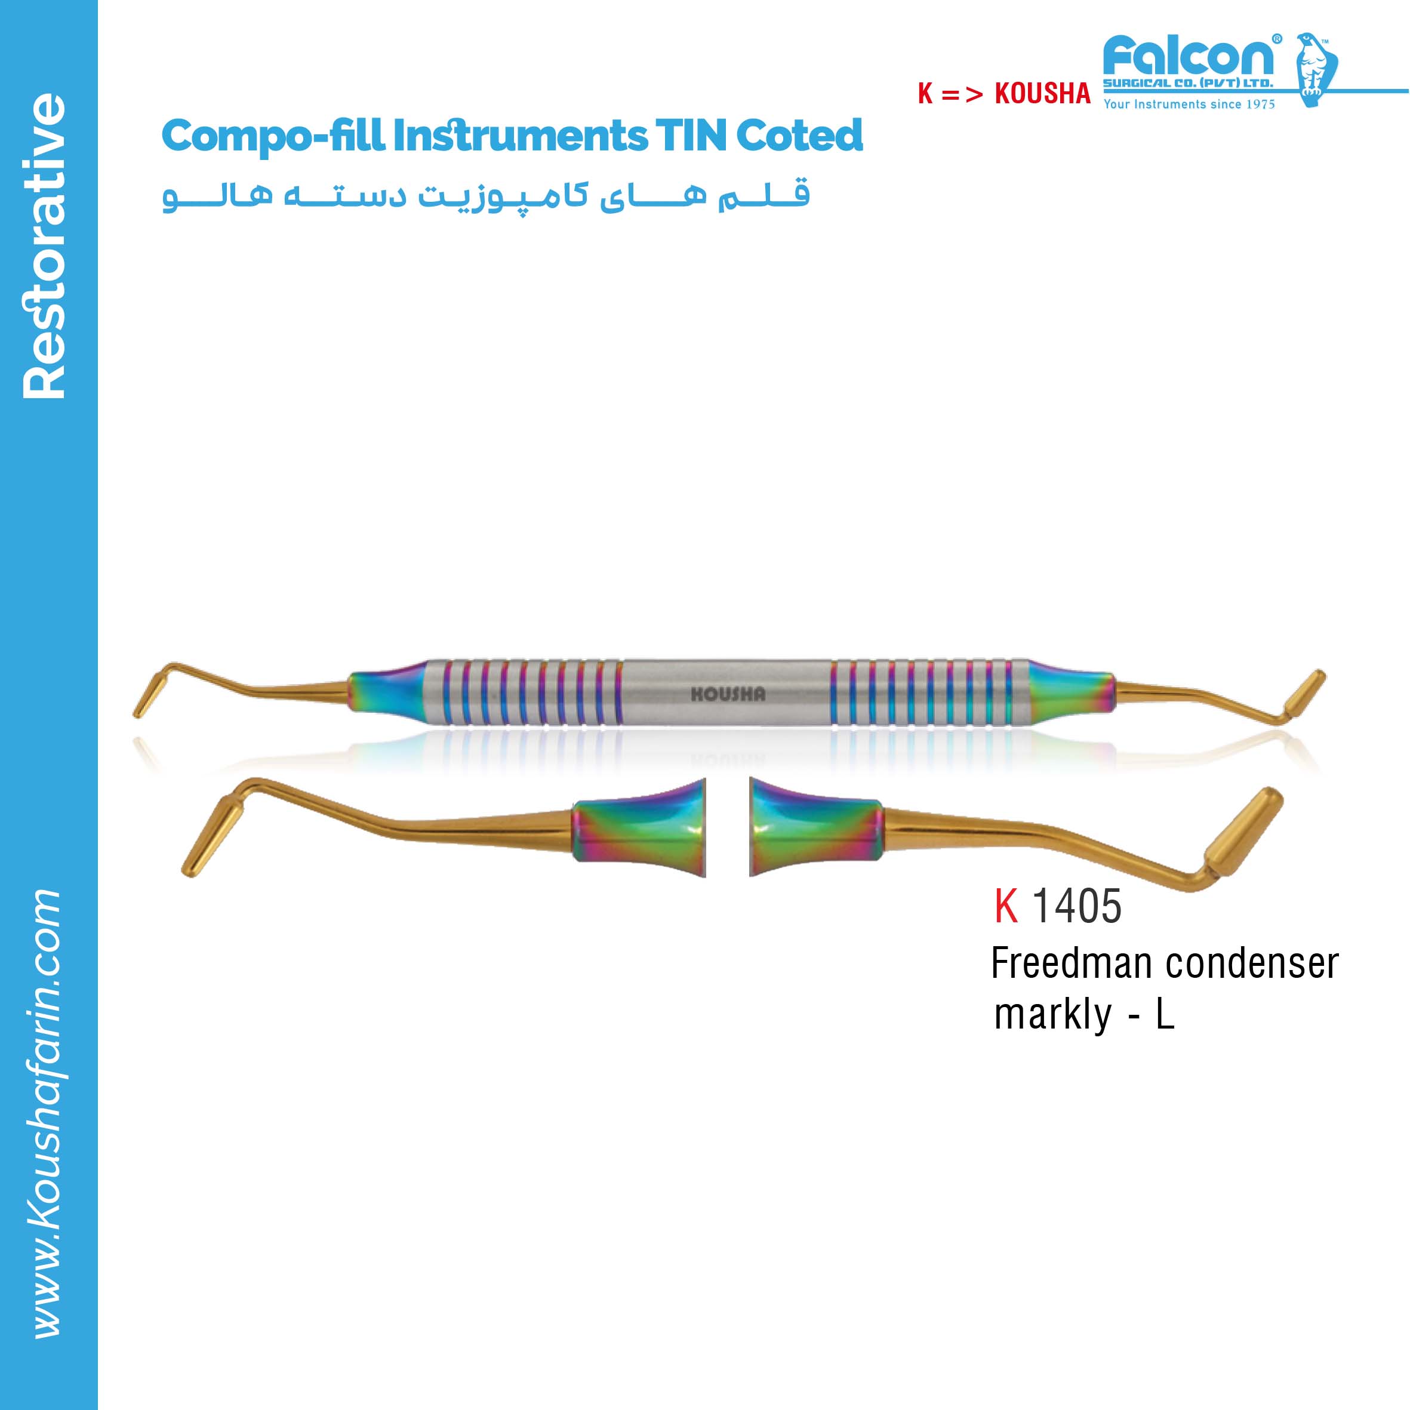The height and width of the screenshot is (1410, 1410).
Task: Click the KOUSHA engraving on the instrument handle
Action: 728,694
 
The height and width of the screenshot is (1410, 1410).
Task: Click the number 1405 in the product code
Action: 1076,906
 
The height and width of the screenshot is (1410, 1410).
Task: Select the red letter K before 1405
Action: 1006,906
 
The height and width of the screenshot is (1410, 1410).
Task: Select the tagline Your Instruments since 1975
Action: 1189,104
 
